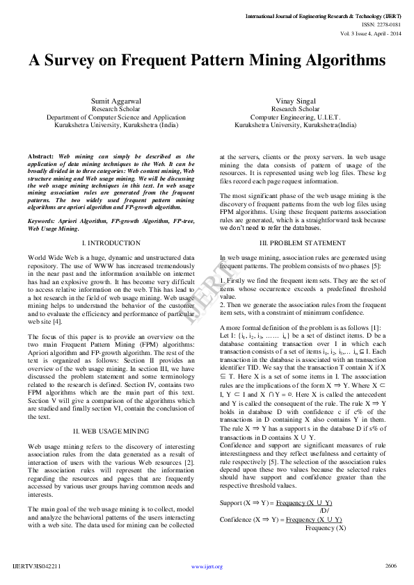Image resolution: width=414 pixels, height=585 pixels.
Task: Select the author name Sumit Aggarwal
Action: point(116,101)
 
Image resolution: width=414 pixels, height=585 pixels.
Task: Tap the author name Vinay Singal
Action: point(295,101)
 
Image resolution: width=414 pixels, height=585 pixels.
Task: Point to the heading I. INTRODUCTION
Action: point(111,243)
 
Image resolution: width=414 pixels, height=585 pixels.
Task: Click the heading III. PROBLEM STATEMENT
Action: point(303,243)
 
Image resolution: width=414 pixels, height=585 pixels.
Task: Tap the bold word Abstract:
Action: point(41,157)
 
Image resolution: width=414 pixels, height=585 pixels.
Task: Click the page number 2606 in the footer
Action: point(390,566)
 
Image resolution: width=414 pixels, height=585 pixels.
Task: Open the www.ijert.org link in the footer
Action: point(207,566)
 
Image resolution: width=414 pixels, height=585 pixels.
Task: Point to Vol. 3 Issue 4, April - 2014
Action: point(370,33)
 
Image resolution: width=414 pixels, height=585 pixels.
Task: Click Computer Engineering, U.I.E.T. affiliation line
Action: point(295,117)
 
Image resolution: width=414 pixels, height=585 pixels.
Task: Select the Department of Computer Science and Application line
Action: point(116,117)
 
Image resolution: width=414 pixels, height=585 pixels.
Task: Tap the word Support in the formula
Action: point(230,502)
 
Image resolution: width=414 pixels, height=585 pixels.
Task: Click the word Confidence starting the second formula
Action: point(235,519)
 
